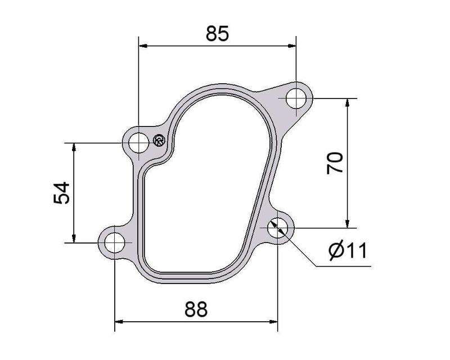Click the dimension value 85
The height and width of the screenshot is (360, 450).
pos(217,34)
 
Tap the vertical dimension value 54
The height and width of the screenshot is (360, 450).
pos(61,193)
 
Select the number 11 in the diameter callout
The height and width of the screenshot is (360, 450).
pos(357,251)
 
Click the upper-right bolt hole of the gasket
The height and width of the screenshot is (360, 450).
pos(296,100)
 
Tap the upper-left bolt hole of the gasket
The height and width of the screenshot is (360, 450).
pos(138,143)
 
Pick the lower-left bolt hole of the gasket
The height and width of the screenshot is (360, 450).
pos(115,243)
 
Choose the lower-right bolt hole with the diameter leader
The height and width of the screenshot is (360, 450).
pos(278,228)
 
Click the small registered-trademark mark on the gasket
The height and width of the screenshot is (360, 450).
pos(159,141)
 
